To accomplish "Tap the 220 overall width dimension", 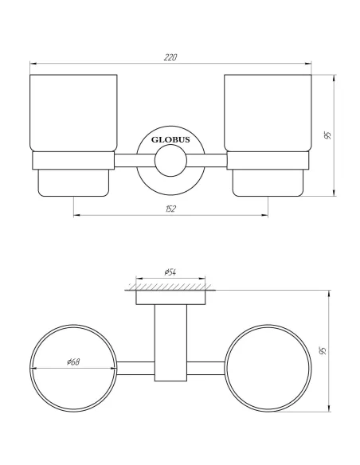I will [170, 57].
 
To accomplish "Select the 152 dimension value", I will [170, 209].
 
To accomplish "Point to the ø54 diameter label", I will [170, 273].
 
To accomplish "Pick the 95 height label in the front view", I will [327, 135].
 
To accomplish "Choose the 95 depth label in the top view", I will [323, 351].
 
